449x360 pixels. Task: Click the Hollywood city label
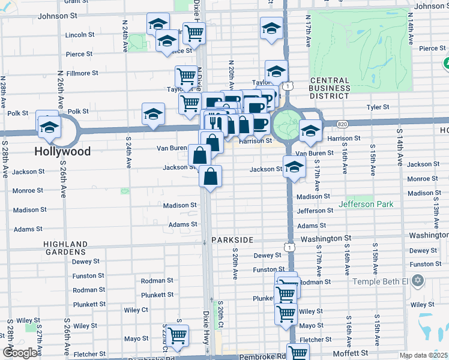tap(62, 151)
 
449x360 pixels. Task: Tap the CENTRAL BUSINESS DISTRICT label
tap(330, 88)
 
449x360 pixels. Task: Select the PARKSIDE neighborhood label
tap(232, 239)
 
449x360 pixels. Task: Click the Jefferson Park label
tap(366, 204)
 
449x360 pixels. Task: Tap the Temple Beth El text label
tap(389, 281)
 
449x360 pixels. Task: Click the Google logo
tap(20, 353)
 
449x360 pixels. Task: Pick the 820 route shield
tap(342, 124)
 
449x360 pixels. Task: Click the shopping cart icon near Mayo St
tap(177, 336)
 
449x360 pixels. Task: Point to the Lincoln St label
tap(80, 35)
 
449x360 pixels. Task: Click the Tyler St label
tap(378, 107)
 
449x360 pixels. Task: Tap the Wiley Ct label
tap(136, 310)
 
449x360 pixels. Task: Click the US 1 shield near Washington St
tap(289, 247)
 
